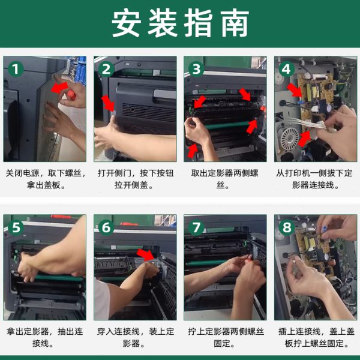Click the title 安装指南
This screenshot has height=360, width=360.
(180, 23)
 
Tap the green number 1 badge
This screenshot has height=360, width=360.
(16, 69)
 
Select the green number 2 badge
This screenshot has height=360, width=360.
(106, 69)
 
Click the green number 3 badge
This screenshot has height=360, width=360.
(196, 69)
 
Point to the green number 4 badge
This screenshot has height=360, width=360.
(287, 69)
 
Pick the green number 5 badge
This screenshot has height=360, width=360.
(16, 227)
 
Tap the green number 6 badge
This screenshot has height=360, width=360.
(106, 227)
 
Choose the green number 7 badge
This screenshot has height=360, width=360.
(196, 227)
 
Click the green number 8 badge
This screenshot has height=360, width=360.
(287, 227)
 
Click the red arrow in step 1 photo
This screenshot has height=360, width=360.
(59, 88)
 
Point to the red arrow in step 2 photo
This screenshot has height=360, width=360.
(108, 103)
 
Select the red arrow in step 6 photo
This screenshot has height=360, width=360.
(146, 254)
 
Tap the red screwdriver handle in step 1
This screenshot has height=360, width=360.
(71, 95)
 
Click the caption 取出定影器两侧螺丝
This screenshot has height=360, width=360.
(225, 179)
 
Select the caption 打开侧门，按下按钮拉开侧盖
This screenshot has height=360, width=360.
(136, 179)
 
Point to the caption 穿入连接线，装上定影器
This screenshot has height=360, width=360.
(136, 337)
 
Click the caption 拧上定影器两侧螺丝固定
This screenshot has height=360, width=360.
(226, 337)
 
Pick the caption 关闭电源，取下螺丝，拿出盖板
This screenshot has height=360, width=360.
(45, 179)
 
